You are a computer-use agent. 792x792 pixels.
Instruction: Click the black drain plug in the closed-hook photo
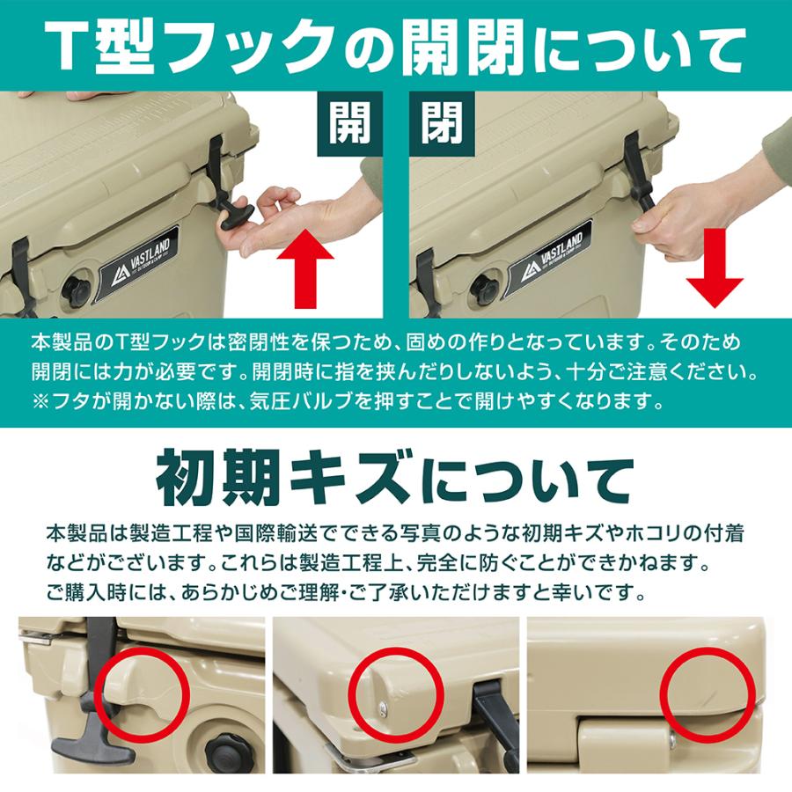(485, 289)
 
